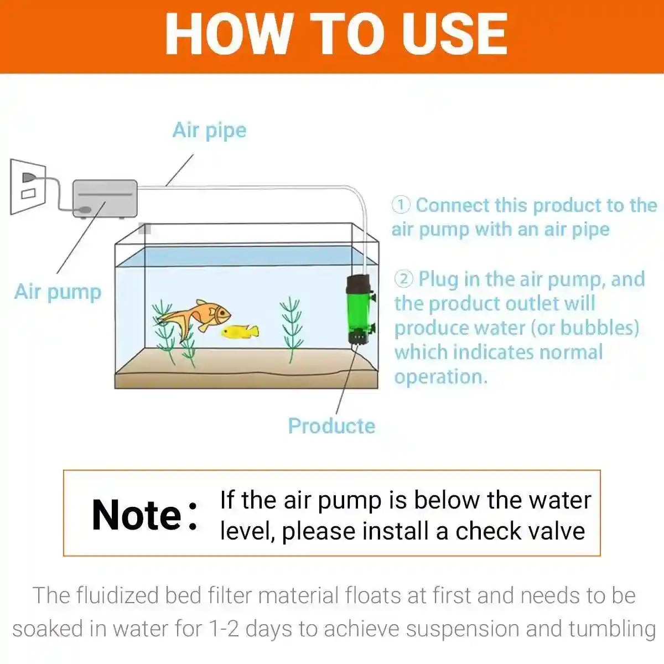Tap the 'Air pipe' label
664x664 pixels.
[209, 131]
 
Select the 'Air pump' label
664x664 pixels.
[58, 292]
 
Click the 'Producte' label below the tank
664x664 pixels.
[331, 426]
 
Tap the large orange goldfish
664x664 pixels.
[199, 317]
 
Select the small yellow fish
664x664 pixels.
[240, 331]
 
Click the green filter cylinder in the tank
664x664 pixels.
[359, 313]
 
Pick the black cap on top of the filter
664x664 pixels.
[358, 285]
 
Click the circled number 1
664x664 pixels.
[401, 205]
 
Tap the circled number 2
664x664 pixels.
[403, 279]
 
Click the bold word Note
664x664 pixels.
[137, 515]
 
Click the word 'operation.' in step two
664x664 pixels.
[441, 377]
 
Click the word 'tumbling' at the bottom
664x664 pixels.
[612, 629]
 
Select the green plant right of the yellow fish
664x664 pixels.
[290, 329]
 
